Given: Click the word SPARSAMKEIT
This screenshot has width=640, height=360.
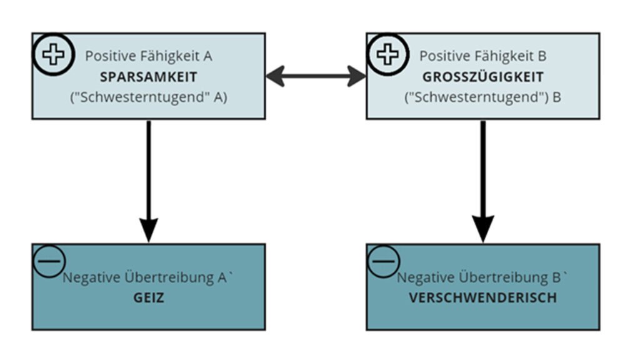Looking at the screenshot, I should click(148, 77).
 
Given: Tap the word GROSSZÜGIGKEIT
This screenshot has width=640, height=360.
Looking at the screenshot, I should click(482, 77).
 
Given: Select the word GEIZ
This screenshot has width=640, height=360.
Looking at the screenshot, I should click(148, 298).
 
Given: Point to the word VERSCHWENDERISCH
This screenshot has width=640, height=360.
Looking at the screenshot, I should click(482, 298).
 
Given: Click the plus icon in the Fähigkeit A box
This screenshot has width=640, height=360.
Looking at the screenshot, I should click(53, 55).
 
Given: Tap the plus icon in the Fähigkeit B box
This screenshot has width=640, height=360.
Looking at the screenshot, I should click(387, 55).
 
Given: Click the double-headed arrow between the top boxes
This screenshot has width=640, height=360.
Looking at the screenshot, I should click(316, 77).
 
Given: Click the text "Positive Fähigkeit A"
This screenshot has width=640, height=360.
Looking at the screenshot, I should click(148, 56).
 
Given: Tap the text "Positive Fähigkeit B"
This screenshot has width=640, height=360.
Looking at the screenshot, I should click(482, 56).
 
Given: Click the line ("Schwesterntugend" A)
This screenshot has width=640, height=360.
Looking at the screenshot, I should click(148, 99).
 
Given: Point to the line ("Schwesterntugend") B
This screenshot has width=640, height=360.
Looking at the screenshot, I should click(482, 99).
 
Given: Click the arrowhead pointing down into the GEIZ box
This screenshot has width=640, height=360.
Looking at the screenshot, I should click(149, 230).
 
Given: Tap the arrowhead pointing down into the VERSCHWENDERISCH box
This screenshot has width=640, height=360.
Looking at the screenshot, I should click(483, 229).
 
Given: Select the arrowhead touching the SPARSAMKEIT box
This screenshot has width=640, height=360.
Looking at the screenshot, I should click(276, 77).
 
